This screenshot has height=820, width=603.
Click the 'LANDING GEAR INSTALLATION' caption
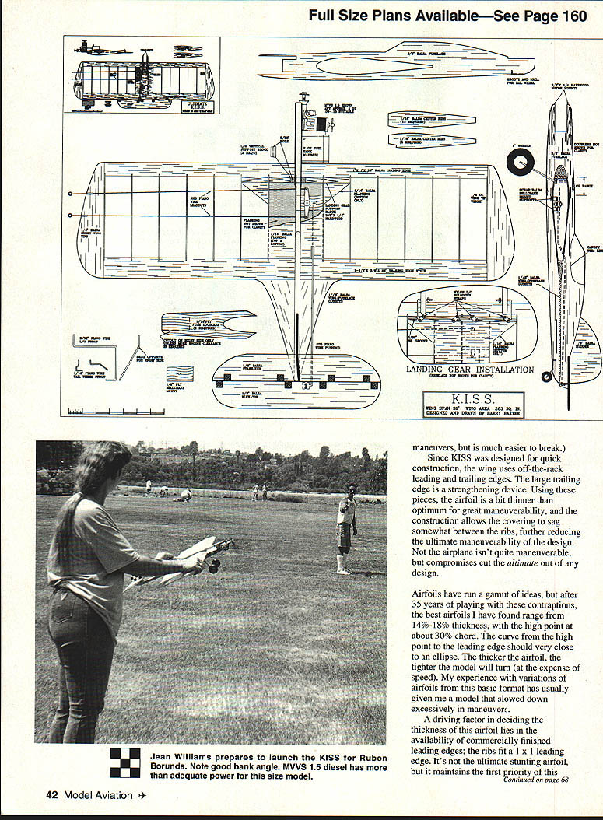(470, 370)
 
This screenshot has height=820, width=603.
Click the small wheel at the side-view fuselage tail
(548, 377)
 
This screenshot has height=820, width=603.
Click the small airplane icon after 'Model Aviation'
(142, 794)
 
